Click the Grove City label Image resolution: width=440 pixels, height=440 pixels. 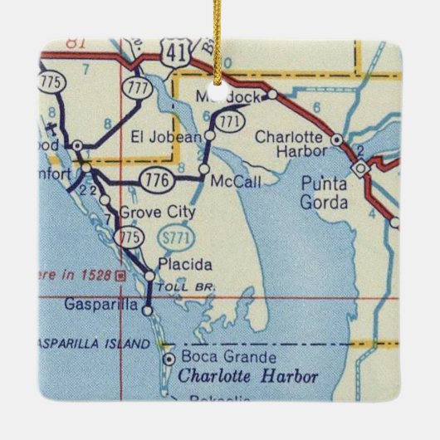(158, 213)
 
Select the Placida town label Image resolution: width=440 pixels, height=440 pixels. (178, 265)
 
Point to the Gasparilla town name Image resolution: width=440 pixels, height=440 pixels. (100, 305)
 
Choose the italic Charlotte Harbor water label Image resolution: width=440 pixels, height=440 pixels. (248, 377)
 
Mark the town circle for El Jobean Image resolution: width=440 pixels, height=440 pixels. (210, 134)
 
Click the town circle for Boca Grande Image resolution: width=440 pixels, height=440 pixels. (169, 359)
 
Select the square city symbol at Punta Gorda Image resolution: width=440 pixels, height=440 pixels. (359, 169)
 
